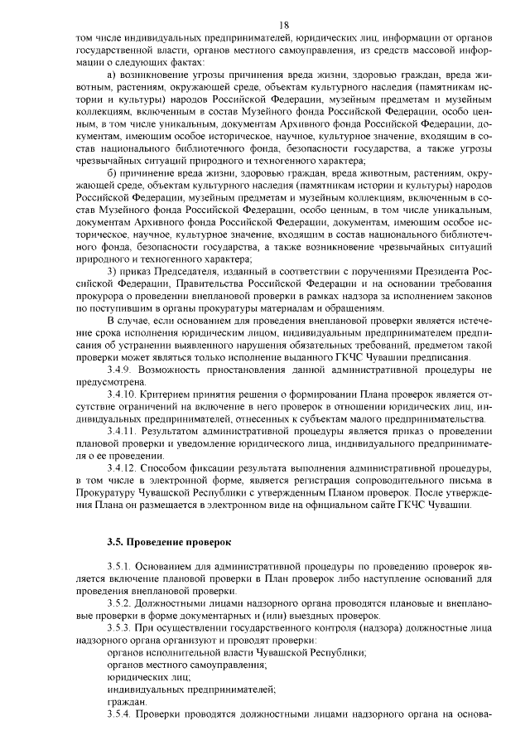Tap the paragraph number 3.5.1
(121, 565)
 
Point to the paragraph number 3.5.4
(121, 714)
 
